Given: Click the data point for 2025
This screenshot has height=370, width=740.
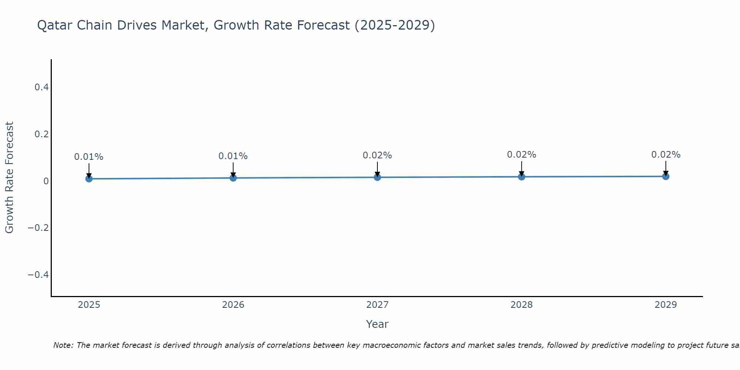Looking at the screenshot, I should (89, 179).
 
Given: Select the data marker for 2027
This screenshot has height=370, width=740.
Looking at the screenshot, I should (377, 177).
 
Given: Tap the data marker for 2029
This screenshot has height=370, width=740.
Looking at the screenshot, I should (666, 176).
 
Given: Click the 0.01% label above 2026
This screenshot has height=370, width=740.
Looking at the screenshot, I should (233, 156).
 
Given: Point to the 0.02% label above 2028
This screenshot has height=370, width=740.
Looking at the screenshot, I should (521, 155).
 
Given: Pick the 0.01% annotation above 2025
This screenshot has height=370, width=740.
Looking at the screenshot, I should (89, 157).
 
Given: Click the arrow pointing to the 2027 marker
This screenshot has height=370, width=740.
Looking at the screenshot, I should (377, 169).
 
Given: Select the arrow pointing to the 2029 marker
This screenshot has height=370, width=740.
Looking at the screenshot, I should (666, 168).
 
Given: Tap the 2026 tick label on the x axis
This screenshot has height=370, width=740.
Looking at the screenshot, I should (233, 305).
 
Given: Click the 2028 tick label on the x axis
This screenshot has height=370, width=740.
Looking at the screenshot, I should (521, 305).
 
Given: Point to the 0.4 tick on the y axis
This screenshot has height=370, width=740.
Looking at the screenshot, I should (41, 87).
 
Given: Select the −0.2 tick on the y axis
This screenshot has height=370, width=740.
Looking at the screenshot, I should (38, 228).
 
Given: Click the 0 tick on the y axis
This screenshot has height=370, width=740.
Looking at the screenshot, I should (46, 181).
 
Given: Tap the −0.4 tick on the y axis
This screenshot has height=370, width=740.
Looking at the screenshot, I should (38, 275).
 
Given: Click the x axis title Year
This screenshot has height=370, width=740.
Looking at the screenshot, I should (377, 324).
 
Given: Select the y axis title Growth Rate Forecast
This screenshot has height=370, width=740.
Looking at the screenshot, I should (10, 178).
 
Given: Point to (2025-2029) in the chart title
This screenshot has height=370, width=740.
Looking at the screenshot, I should (394, 25).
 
